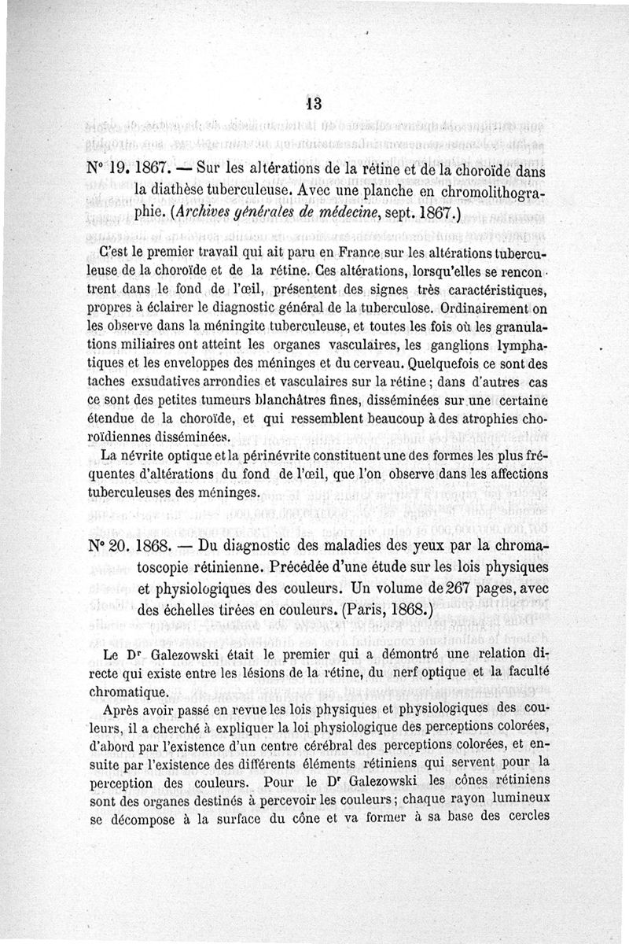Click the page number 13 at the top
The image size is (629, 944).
click(314, 104)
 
